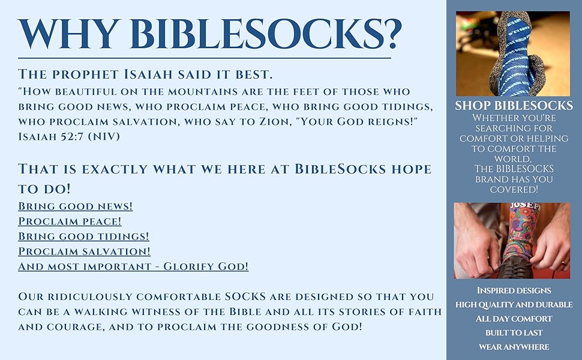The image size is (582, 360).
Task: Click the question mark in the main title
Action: point(391,34)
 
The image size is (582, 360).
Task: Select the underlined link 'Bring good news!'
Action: point(76,206)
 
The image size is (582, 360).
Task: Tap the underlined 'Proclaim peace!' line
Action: point(70,221)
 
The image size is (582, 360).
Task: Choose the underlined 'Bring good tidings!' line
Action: point(83,236)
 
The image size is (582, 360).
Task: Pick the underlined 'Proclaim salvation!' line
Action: point(84,251)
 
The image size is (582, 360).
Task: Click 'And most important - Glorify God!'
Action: point(133,266)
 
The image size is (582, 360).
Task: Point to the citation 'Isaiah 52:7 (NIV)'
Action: point(69,137)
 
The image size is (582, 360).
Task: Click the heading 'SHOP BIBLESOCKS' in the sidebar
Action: point(514,106)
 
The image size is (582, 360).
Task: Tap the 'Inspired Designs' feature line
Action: point(514,290)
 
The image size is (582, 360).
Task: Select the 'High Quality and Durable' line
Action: point(514,305)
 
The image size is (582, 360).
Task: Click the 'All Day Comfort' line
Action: point(514,319)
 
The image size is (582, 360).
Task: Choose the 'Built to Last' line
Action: point(514,333)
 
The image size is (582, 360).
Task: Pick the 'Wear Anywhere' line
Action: point(514,347)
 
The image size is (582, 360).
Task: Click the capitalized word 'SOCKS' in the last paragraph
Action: point(246,296)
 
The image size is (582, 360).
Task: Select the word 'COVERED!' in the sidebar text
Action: point(514,189)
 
